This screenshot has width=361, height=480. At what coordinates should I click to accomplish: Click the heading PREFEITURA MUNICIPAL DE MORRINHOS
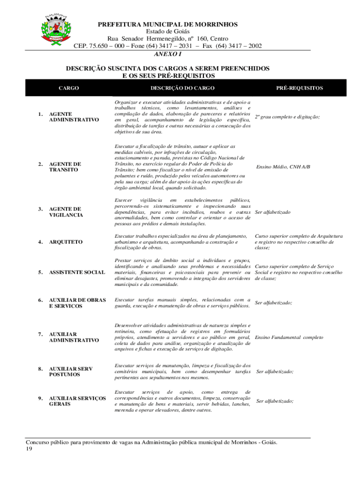coord(167,24)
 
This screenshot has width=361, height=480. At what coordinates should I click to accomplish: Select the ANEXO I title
coord(167,54)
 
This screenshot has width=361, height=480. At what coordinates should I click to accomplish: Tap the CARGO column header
coord(68,88)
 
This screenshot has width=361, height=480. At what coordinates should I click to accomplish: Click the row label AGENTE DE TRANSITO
coord(65,166)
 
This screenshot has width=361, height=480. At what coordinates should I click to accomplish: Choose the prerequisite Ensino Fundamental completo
coord(289,337)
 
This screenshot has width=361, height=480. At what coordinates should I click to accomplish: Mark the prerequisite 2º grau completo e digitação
coord(287,117)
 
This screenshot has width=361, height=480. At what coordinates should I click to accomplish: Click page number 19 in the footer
coord(30,449)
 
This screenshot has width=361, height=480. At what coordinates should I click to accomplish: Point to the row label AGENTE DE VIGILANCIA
coord(66,212)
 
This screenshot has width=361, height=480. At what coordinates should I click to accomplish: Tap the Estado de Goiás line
coord(167,31)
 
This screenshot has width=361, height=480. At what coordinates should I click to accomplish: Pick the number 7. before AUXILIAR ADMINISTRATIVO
coord(40,334)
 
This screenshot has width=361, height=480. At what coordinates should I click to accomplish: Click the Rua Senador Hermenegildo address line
coord(167,39)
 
